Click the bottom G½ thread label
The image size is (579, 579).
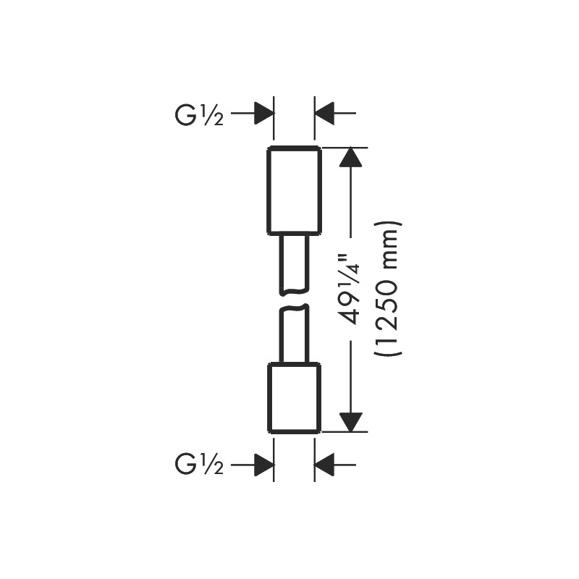199,465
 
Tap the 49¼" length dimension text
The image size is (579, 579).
350,288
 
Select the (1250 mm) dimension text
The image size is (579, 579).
387,289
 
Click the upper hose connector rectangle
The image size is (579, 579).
294,190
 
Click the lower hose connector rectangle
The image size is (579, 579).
294,398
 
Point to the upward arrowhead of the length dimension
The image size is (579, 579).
350,157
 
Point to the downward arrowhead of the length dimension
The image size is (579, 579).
350,422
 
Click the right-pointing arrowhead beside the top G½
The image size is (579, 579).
264,113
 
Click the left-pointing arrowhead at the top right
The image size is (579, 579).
324,113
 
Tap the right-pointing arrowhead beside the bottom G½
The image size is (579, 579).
264,465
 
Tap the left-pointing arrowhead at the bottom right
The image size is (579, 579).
324,465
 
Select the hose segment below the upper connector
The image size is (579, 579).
294,264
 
